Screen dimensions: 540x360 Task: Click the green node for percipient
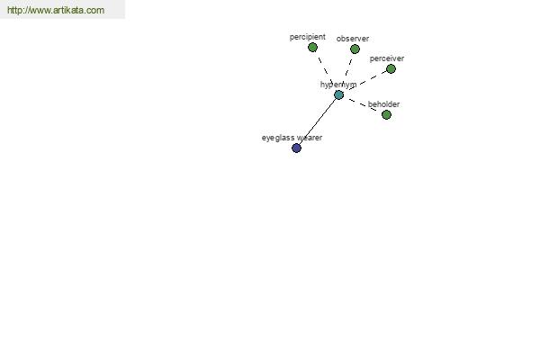[312, 47]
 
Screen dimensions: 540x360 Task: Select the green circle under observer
[355, 49]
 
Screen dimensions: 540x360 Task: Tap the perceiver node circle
[391, 69]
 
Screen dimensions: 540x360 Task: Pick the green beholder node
[386, 114]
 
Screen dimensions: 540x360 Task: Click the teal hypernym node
[339, 94]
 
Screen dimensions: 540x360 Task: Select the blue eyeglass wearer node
[296, 148]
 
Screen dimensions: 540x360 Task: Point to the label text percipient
[308, 37]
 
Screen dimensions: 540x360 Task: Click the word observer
[353, 39]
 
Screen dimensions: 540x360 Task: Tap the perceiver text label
[387, 58]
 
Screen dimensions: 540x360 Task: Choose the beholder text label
[383, 104]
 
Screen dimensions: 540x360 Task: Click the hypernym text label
[338, 85]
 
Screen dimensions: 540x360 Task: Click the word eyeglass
[278, 138]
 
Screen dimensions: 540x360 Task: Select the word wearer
[310, 138]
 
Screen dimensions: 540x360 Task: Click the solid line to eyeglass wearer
[318, 121]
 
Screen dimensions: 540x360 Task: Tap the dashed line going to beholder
[362, 104]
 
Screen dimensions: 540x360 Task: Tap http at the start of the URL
[14, 10]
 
